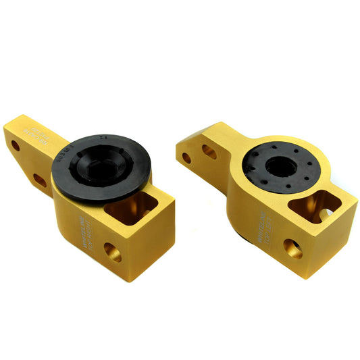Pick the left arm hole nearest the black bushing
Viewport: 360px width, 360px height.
pyautogui.click(x=40, y=180)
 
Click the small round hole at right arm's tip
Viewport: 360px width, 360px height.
pyautogui.click(x=185, y=158)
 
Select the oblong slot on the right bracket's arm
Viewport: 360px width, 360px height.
pyautogui.click(x=209, y=152)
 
